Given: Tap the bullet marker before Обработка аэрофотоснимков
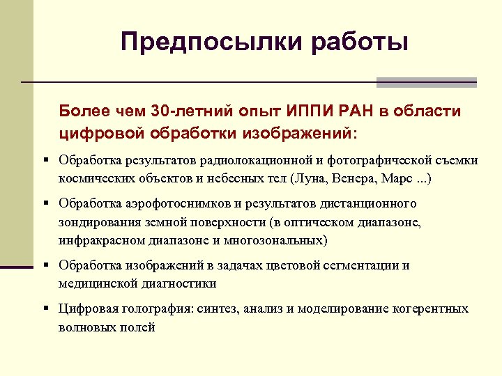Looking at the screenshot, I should click(45, 203).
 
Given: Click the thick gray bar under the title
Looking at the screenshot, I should click(426, 82).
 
